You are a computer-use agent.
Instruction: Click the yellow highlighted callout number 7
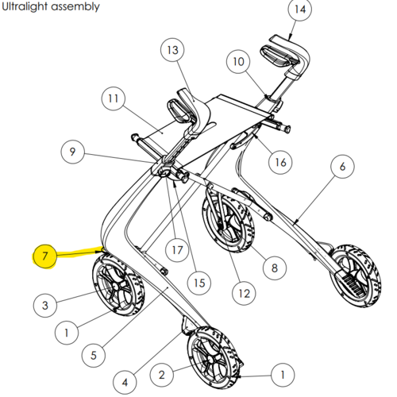[x=44, y=256]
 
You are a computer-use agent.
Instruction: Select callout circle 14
[x=300, y=9]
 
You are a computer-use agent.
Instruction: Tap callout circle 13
[x=172, y=50]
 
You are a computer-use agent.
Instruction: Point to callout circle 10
[x=238, y=61]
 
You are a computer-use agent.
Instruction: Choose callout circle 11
[x=114, y=98]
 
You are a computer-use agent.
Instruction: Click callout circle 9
[x=72, y=152]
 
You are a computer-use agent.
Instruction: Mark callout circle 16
[x=280, y=162]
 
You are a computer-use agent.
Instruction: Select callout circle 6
[x=342, y=167]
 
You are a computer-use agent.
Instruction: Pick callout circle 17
[x=177, y=250]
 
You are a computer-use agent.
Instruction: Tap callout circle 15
[x=199, y=283]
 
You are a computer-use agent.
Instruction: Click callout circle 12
[x=244, y=293]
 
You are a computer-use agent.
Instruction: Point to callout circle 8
[x=275, y=268]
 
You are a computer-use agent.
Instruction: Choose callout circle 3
[x=45, y=305]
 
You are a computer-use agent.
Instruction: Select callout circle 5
[x=93, y=355]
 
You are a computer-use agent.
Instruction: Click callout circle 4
[x=125, y=382]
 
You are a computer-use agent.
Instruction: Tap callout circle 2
[x=162, y=375]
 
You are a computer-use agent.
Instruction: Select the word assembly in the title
[x=75, y=7]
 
